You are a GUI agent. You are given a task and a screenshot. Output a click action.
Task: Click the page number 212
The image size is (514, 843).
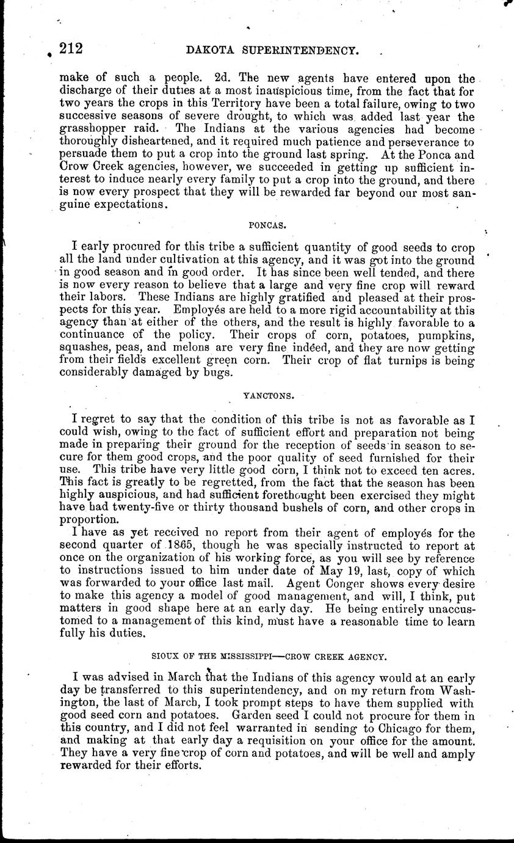(x=71, y=49)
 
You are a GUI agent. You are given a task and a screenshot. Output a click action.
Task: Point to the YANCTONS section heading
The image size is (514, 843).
(x=269, y=395)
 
